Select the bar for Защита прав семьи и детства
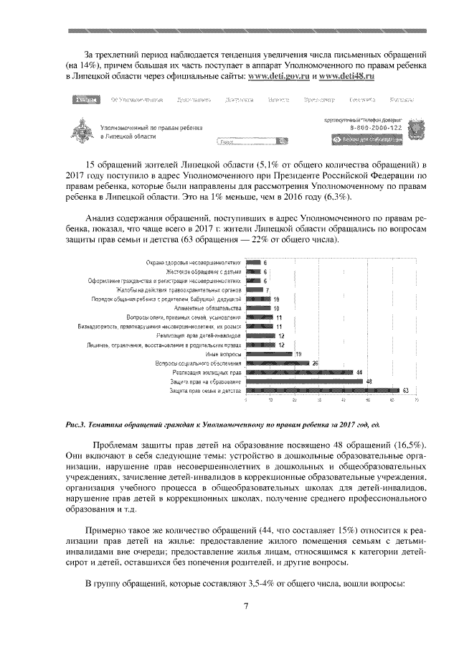coord(322,391)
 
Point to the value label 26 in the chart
coord(315,363)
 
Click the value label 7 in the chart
coord(267,290)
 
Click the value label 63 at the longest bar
coord(405,391)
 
